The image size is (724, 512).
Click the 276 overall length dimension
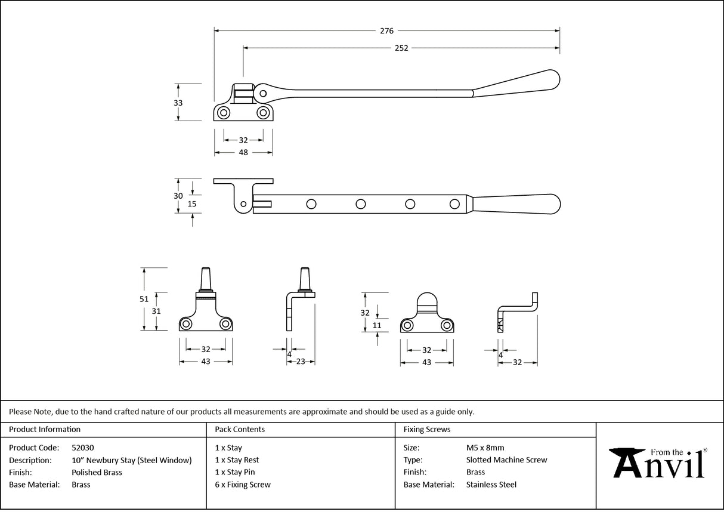(x=386, y=31)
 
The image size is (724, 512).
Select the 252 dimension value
(x=401, y=48)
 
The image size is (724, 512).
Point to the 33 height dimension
(x=178, y=103)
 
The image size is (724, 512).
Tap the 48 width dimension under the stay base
(x=243, y=153)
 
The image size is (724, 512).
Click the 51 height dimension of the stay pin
(x=144, y=299)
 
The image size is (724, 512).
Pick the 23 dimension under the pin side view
(x=301, y=361)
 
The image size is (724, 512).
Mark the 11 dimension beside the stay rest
(x=376, y=325)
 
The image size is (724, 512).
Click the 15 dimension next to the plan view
(x=192, y=203)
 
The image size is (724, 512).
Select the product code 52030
(x=82, y=448)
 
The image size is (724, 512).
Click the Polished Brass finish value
(x=97, y=472)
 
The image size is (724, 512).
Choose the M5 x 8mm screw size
(x=485, y=448)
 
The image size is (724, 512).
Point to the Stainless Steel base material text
(x=491, y=485)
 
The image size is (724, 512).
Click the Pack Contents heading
(x=240, y=429)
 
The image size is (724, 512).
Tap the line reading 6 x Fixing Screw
(x=243, y=485)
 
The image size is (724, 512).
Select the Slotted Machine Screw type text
(x=506, y=460)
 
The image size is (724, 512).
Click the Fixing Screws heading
(x=427, y=429)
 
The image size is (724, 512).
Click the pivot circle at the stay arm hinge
(x=260, y=93)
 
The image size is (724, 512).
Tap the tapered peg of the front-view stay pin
(x=206, y=277)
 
